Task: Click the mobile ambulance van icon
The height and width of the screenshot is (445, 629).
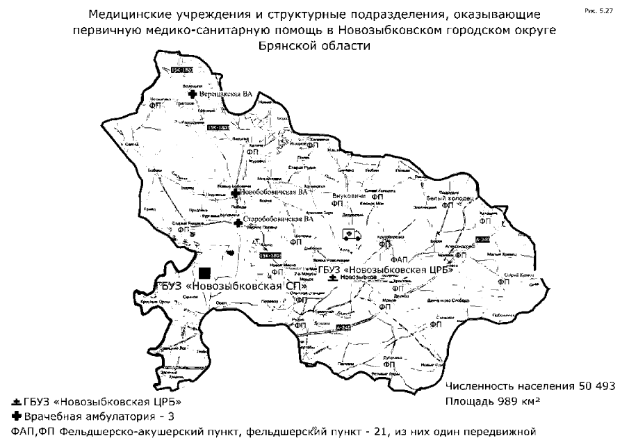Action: pos(352,234)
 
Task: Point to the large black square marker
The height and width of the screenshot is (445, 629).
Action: pos(204,274)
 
